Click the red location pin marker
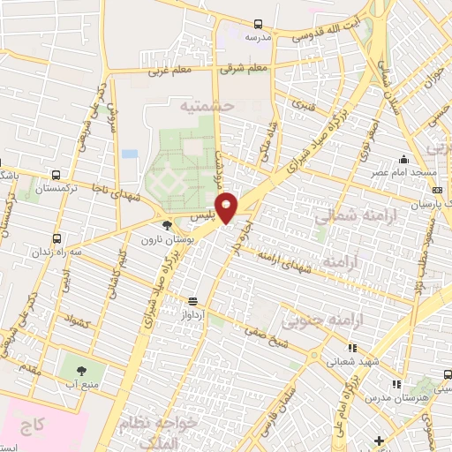point(227,206)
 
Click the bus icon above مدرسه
point(258,24)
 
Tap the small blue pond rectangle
point(130,154)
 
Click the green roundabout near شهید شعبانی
point(315,355)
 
